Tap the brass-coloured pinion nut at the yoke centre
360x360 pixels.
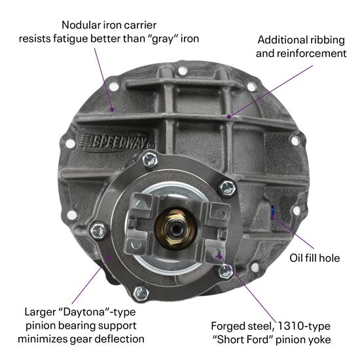pyautogui.click(x=175, y=226)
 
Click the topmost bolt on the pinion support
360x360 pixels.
pyautogui.click(x=150, y=158)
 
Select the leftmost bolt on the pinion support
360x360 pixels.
pyautogui.click(x=98, y=230)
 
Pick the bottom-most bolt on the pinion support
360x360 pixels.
pyautogui.click(x=141, y=293)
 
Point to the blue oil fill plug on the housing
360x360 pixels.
pyautogui.click(x=273, y=211)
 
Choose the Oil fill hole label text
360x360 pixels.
pyautogui.click(x=314, y=257)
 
